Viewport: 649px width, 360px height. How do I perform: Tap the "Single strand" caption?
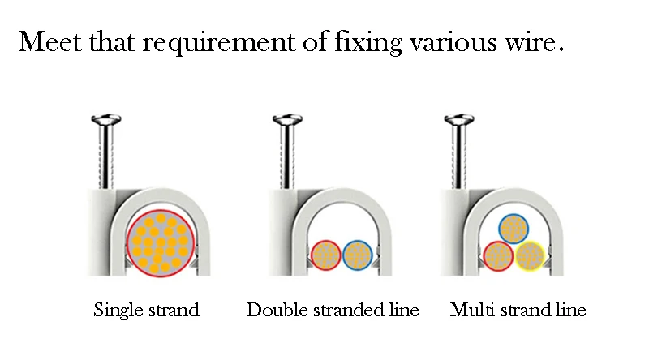[x=146, y=310]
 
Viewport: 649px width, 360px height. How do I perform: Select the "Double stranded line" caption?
[x=333, y=310]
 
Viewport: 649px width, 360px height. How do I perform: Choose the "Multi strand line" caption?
[x=518, y=310]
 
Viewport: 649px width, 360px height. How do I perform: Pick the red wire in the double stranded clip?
[x=326, y=255]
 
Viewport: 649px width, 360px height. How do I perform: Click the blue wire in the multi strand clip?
[x=514, y=229]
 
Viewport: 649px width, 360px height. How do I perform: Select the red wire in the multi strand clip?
[x=498, y=256]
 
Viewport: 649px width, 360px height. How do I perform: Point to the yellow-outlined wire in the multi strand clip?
[x=530, y=256]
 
